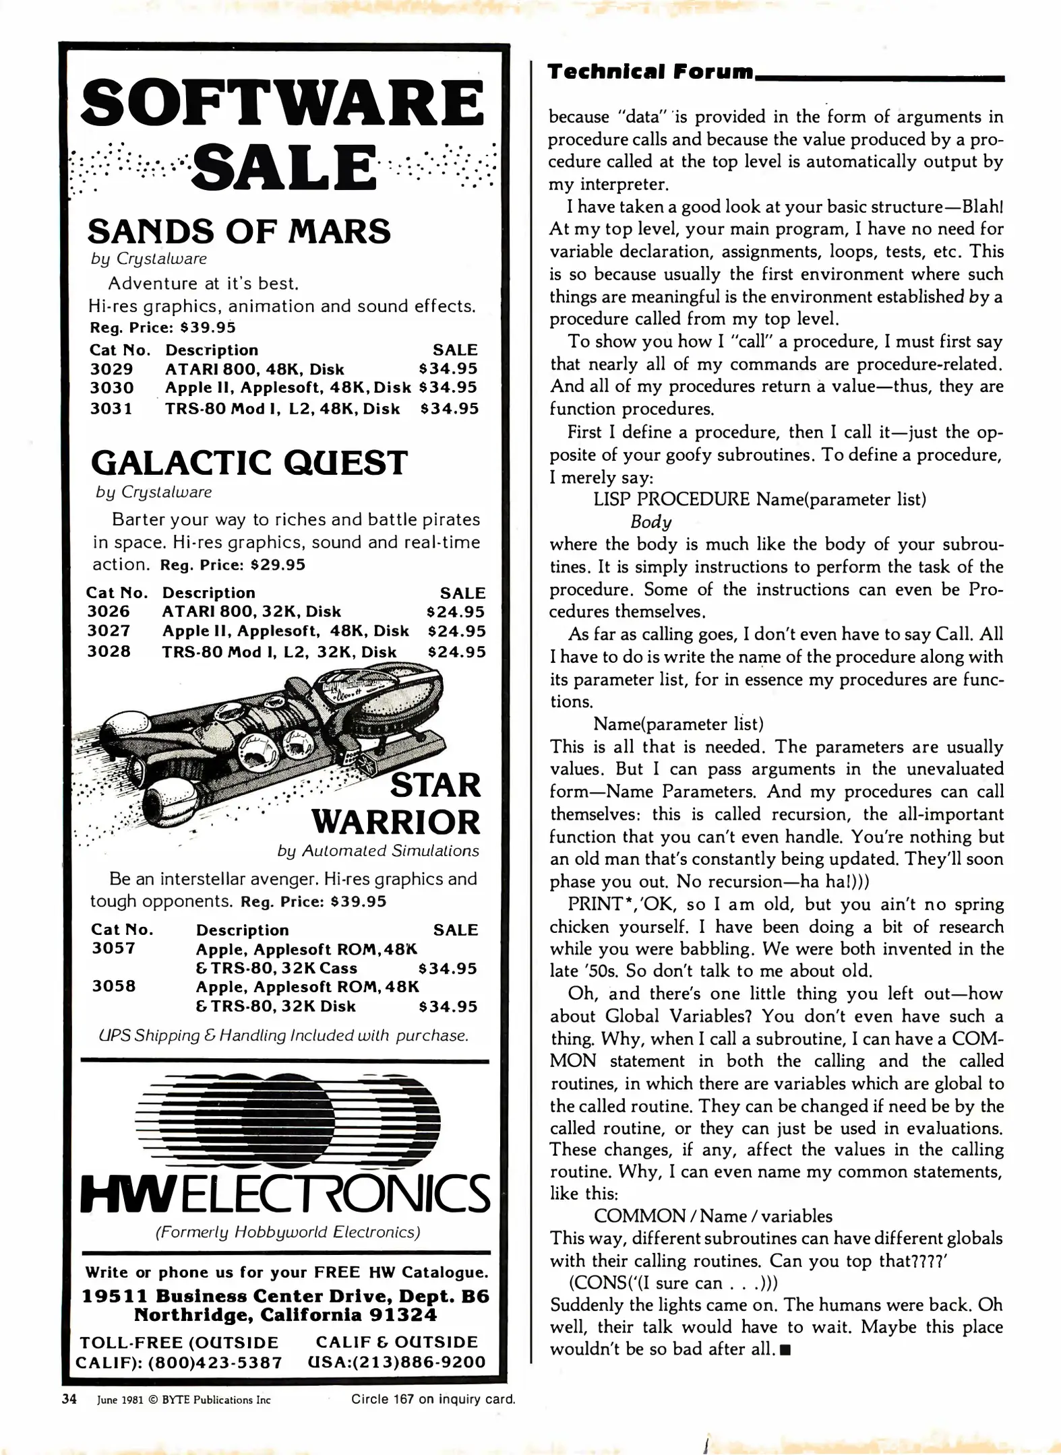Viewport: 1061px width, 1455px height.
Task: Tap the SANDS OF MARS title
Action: tap(239, 231)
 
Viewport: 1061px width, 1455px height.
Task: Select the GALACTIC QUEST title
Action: tap(249, 463)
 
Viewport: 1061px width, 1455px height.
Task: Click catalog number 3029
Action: tap(111, 369)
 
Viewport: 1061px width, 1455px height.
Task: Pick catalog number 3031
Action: tap(111, 409)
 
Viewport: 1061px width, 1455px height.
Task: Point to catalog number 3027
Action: tap(109, 631)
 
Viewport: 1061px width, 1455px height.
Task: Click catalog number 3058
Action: tap(114, 986)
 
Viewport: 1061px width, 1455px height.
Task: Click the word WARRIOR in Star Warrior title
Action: tap(396, 822)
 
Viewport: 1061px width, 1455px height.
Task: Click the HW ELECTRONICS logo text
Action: tap(285, 1193)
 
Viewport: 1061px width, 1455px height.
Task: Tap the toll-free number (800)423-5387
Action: tap(215, 1363)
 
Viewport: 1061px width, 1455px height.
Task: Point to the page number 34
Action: tap(69, 1399)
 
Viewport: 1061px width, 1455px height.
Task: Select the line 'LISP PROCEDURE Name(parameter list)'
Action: tap(760, 499)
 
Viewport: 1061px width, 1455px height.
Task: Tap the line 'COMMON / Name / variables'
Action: tap(713, 1216)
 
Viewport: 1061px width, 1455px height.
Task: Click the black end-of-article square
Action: tap(785, 1350)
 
